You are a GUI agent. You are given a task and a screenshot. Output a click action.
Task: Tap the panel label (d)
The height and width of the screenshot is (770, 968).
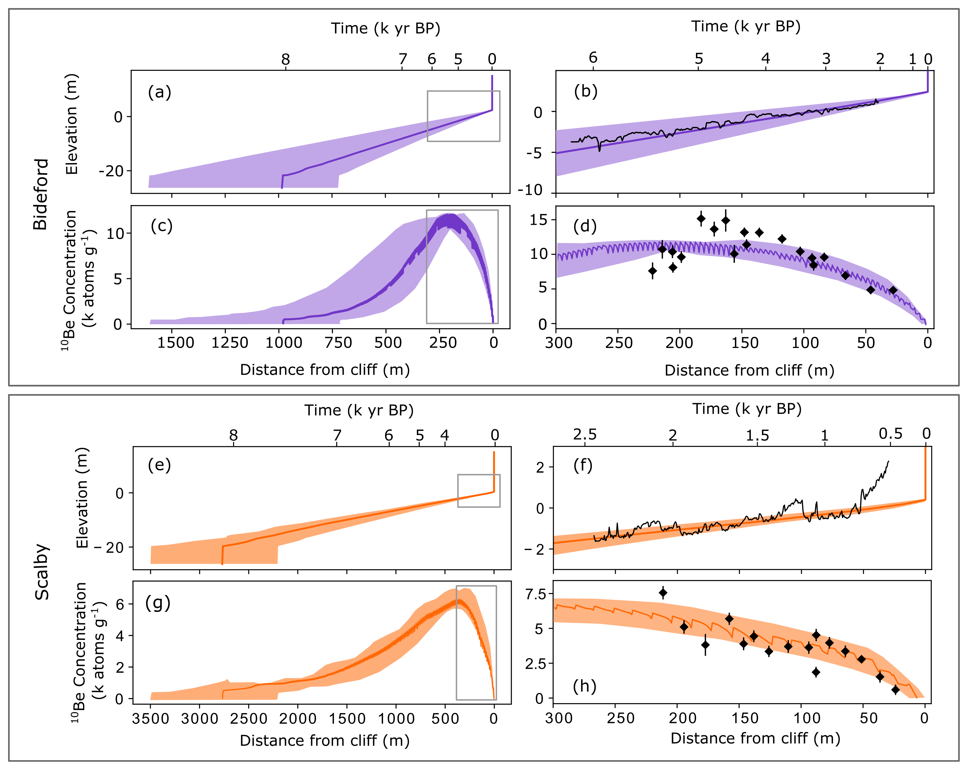pos(585,226)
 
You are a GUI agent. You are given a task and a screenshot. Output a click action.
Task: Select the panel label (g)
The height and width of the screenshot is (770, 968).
pos(157,603)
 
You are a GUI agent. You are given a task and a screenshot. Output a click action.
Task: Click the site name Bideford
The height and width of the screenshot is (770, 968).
pos(40,194)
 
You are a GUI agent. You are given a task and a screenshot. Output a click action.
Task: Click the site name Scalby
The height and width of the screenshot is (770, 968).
pos(42,572)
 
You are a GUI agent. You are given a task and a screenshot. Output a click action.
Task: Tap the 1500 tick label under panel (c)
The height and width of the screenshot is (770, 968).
pos(175,343)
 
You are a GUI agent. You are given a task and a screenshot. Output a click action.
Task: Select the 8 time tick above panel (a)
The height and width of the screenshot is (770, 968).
pos(286,59)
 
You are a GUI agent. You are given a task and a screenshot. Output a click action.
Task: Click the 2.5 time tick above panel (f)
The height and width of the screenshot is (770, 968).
pos(585,434)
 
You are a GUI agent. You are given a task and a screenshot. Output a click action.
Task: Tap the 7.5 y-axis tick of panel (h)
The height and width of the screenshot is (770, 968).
pos(536,594)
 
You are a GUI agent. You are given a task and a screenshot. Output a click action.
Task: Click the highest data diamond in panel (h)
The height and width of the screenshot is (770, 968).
pos(663,593)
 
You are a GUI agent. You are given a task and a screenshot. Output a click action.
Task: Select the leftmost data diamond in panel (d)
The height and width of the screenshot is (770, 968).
pos(652,271)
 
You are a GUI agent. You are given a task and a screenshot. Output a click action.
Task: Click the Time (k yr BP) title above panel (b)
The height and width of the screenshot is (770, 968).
pos(745,26)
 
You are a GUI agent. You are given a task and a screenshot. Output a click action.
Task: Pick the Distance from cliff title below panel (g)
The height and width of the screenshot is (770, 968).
pos(325,740)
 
